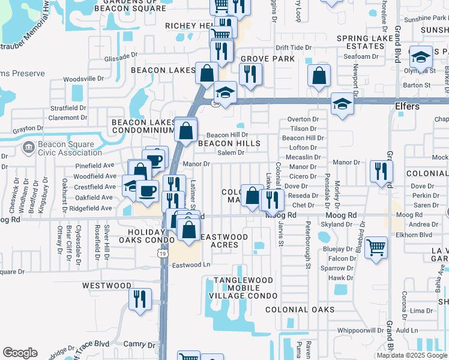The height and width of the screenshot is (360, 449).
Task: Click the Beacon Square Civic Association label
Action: pos(66,148)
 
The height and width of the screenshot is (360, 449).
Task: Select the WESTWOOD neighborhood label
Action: pos(107,286)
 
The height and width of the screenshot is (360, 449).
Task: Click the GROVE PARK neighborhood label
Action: pos(268,59)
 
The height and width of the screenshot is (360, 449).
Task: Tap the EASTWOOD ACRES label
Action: pos(224,241)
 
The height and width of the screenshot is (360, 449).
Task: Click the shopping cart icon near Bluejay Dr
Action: pos(376,247)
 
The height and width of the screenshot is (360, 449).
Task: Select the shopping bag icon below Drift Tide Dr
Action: pos(319,76)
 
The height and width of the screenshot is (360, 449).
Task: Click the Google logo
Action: pos(20,353)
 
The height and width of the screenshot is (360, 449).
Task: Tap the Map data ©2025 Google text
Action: pos(412,355)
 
